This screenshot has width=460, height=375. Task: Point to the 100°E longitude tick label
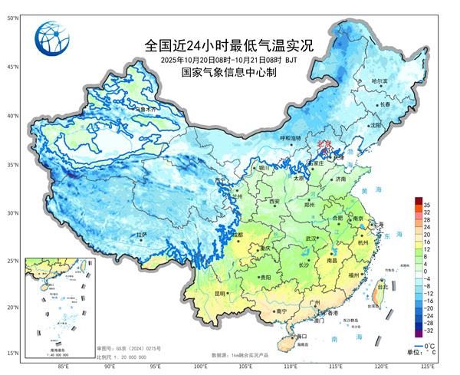pos(201,367)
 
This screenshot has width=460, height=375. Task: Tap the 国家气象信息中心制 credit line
pos(228,72)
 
